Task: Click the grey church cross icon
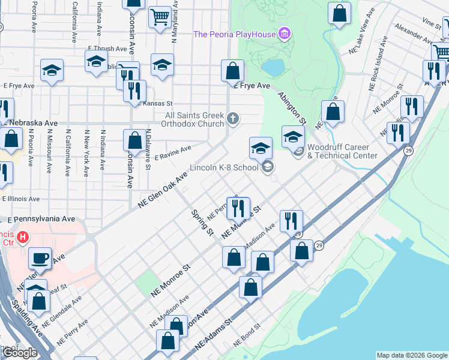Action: pyautogui.click(x=234, y=118)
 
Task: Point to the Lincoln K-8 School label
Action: pyautogui.click(x=224, y=167)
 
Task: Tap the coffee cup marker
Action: pyautogui.click(x=40, y=258)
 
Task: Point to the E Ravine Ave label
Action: pyautogui.click(x=173, y=152)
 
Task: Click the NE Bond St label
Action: pyautogui.click(x=247, y=335)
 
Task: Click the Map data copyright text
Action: pyautogui.click(x=412, y=355)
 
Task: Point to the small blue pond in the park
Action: pyautogui.click(x=273, y=68)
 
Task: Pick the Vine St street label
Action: pyautogui.click(x=431, y=22)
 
